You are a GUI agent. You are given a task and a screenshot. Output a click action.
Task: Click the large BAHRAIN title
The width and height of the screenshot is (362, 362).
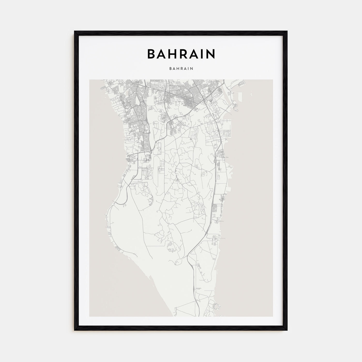click(181, 54)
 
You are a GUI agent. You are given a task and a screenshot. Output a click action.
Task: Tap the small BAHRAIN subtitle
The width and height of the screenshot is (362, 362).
click(181, 69)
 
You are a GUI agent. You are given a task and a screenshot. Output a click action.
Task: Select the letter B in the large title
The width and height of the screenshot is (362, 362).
click(151, 54)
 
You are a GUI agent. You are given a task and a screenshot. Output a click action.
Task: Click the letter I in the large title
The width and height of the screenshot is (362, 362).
click(203, 54)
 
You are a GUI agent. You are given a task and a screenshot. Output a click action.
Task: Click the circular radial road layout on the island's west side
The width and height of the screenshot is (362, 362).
click(148, 157)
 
